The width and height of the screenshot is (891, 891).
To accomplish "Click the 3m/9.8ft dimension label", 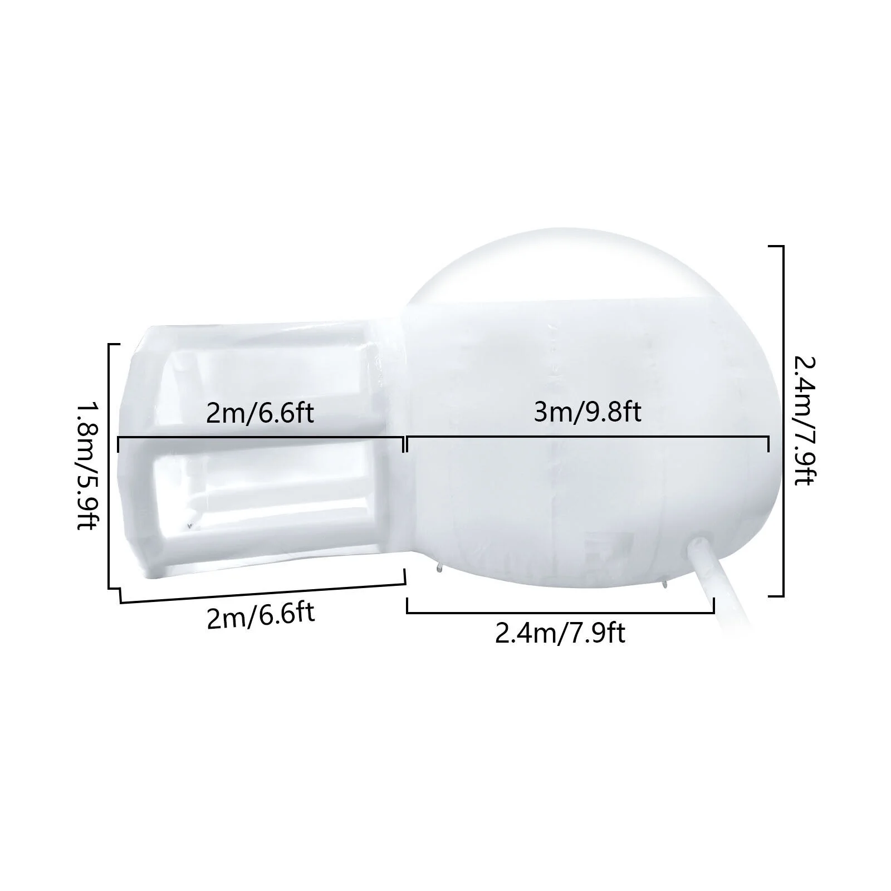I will (588, 413).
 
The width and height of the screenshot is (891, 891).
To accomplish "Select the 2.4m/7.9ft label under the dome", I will (560, 633).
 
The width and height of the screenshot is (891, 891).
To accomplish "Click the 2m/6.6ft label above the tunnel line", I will (260, 413).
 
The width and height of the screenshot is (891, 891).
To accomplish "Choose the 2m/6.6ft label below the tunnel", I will (261, 616).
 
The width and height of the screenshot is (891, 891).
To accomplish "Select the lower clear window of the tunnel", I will (262, 496).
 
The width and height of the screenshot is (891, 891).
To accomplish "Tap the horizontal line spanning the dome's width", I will (588, 438).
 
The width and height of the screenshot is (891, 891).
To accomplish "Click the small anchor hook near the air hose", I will (664, 584).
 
